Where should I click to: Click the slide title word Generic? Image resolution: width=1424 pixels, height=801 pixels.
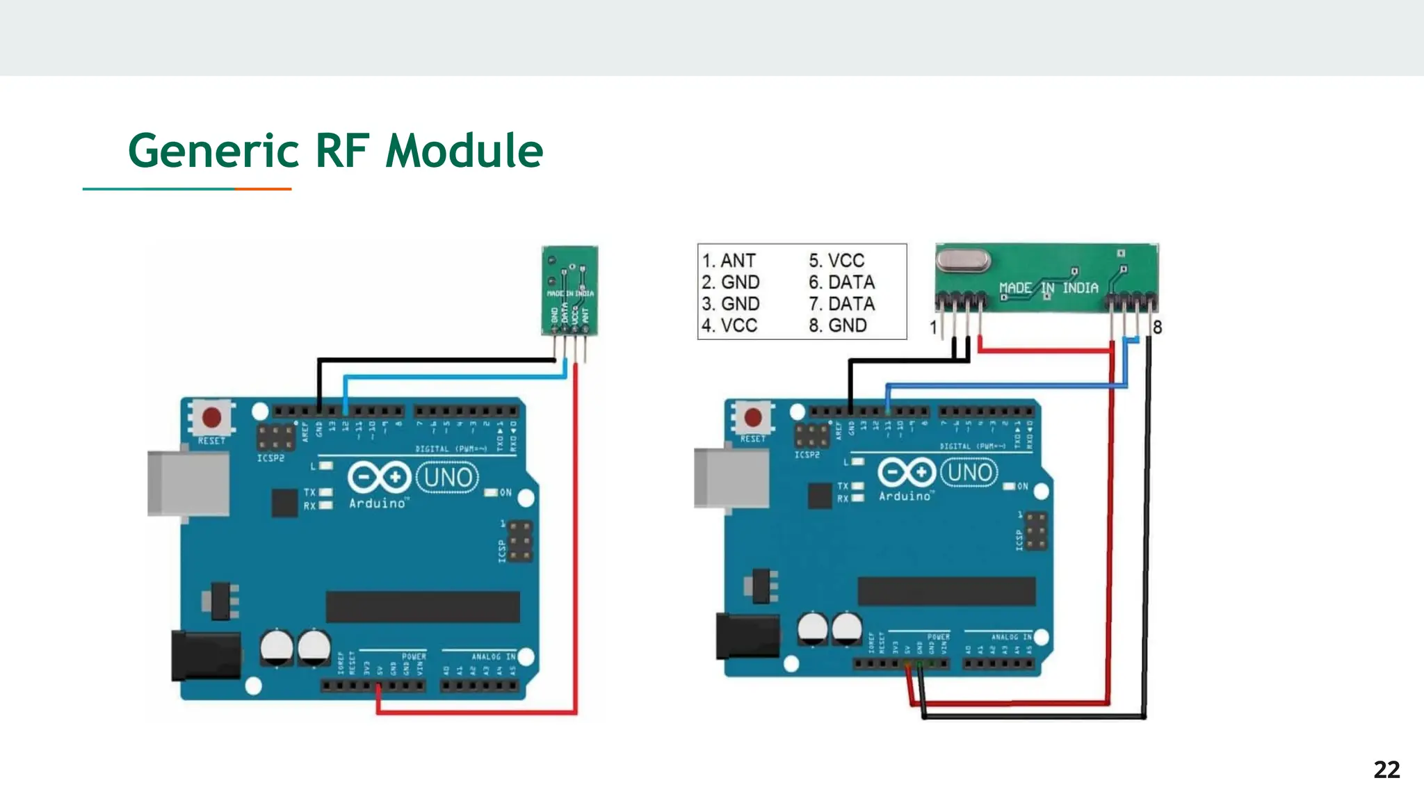[213, 151]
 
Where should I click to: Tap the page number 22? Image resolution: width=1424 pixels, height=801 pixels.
[1386, 770]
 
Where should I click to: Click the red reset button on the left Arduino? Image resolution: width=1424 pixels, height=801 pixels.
[211, 418]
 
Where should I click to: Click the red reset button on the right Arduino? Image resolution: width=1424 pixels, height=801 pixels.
[753, 417]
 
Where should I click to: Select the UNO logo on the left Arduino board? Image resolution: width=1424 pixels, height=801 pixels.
[448, 478]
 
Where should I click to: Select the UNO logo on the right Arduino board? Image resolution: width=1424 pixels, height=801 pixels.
[969, 472]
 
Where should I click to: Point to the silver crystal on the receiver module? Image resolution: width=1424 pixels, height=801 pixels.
[963, 261]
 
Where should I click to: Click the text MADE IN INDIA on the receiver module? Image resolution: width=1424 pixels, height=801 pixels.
[1049, 288]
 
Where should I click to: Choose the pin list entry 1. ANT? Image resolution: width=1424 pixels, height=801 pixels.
[729, 261]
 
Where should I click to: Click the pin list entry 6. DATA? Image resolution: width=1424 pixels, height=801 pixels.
[841, 282]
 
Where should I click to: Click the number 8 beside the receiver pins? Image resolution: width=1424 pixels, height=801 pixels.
[1157, 327]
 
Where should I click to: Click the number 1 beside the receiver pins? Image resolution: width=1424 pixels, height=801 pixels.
[934, 327]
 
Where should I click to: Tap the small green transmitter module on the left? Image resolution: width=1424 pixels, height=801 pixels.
[569, 290]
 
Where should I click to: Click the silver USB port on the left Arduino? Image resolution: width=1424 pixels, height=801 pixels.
[188, 483]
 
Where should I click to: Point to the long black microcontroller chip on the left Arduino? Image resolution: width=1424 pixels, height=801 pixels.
[423, 607]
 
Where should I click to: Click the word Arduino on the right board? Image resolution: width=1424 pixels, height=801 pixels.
[904, 496]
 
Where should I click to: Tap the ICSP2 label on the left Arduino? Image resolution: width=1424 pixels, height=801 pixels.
[270, 458]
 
